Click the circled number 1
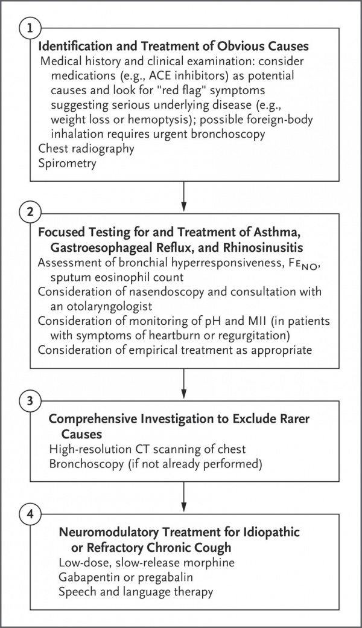tap(30, 28)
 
